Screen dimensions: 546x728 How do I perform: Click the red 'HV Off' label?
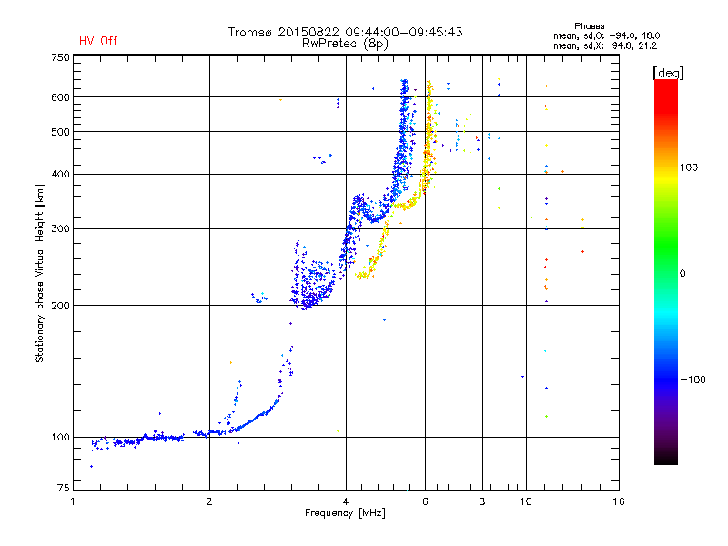[x=97, y=41]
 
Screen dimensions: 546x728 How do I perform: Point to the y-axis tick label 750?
[x=60, y=57]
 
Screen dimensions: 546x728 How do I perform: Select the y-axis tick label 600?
[x=60, y=97]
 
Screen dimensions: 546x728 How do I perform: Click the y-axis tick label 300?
[x=60, y=228]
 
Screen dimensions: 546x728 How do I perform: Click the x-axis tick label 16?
[x=619, y=501]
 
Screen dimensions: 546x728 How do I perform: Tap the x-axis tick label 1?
[x=73, y=501]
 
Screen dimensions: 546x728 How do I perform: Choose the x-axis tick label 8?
[x=482, y=501]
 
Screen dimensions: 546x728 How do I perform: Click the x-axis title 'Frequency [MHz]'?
[x=345, y=514]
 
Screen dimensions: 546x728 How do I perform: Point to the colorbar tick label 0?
[x=684, y=273]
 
